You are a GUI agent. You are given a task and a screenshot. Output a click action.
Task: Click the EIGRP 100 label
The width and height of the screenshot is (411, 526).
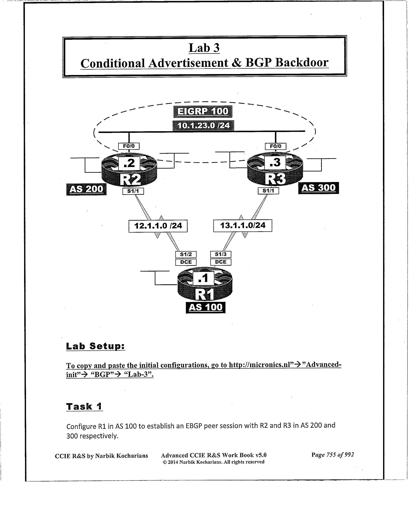tap(203, 112)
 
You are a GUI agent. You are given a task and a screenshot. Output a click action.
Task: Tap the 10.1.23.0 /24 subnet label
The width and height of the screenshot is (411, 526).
tap(203, 125)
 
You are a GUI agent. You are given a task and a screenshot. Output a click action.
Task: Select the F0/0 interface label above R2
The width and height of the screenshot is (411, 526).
tap(129, 146)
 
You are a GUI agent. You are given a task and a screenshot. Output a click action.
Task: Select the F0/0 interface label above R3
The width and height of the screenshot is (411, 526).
tap(275, 146)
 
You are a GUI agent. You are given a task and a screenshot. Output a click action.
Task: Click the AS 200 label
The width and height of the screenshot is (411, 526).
tap(86, 189)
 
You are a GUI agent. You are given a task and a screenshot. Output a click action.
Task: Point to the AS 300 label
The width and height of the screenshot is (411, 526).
tap(318, 188)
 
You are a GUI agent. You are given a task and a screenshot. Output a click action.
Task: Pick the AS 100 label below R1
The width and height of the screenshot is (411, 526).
tap(205, 307)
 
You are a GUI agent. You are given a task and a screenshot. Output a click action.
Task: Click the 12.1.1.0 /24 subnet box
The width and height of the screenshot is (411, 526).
tap(158, 226)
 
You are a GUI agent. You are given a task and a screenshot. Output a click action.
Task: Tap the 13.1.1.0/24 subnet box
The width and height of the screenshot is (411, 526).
tap(242, 225)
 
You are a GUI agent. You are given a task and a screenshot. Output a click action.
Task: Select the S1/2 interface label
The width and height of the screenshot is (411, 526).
tap(186, 254)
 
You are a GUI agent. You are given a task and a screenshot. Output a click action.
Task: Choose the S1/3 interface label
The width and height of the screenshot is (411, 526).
tap(221, 254)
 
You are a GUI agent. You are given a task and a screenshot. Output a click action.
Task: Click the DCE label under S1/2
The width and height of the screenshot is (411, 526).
tap(186, 262)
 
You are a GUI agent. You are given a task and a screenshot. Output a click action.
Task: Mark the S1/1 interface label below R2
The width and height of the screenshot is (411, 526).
tap(133, 191)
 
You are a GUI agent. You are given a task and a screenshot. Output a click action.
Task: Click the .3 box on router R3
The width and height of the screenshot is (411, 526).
tap(275, 163)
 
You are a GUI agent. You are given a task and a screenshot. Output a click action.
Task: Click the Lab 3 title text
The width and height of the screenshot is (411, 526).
tap(204, 48)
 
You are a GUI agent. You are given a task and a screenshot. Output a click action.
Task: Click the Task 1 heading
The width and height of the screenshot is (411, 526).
tap(84, 406)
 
